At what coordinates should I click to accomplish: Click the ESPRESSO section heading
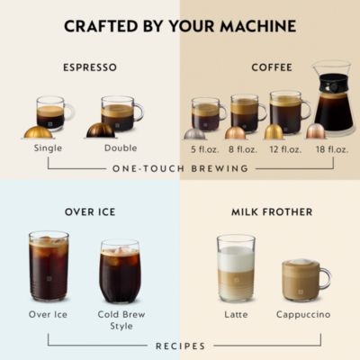(90, 67)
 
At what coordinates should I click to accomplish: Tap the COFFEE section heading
(272, 67)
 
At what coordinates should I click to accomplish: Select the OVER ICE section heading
(89, 212)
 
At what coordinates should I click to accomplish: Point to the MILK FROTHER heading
(271, 212)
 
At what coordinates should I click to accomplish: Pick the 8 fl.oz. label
(243, 148)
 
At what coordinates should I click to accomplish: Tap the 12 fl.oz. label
(284, 148)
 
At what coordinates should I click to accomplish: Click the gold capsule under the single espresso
(38, 131)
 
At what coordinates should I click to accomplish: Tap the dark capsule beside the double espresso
(100, 130)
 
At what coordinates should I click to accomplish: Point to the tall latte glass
(236, 268)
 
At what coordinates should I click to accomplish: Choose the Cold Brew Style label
(121, 319)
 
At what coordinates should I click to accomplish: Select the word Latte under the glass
(236, 314)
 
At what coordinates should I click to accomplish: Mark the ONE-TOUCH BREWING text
(180, 168)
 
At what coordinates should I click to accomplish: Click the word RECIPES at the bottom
(180, 346)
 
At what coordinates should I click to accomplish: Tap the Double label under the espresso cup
(121, 148)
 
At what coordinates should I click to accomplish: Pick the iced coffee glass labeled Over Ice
(49, 266)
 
